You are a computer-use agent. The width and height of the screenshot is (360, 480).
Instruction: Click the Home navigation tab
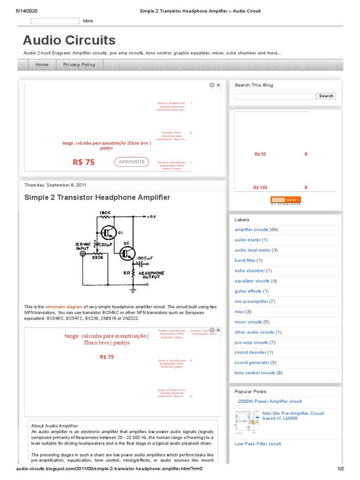click(x=42, y=65)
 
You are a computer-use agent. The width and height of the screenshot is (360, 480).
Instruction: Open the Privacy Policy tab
click(x=79, y=65)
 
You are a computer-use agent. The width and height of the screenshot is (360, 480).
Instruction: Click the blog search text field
click(x=275, y=96)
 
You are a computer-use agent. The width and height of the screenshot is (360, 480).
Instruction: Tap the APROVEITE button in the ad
click(x=131, y=162)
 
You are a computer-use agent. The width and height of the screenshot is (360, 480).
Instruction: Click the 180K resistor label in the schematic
click(x=104, y=212)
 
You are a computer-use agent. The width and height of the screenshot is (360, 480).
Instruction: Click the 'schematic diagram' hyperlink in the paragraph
click(x=64, y=307)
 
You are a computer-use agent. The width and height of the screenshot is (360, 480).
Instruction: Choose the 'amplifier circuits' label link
click(x=251, y=230)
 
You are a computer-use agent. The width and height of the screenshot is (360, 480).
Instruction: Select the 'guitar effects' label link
click(x=248, y=291)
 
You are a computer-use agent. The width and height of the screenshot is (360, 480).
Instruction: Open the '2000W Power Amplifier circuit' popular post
click(x=270, y=401)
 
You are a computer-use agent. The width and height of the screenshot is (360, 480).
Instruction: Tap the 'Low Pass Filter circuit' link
click(x=258, y=443)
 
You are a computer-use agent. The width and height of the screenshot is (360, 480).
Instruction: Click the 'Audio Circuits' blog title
click(x=69, y=40)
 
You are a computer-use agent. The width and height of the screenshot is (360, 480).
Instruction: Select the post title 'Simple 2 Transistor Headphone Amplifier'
click(x=97, y=197)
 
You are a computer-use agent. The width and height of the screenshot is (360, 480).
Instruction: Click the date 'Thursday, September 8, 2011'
click(x=55, y=185)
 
